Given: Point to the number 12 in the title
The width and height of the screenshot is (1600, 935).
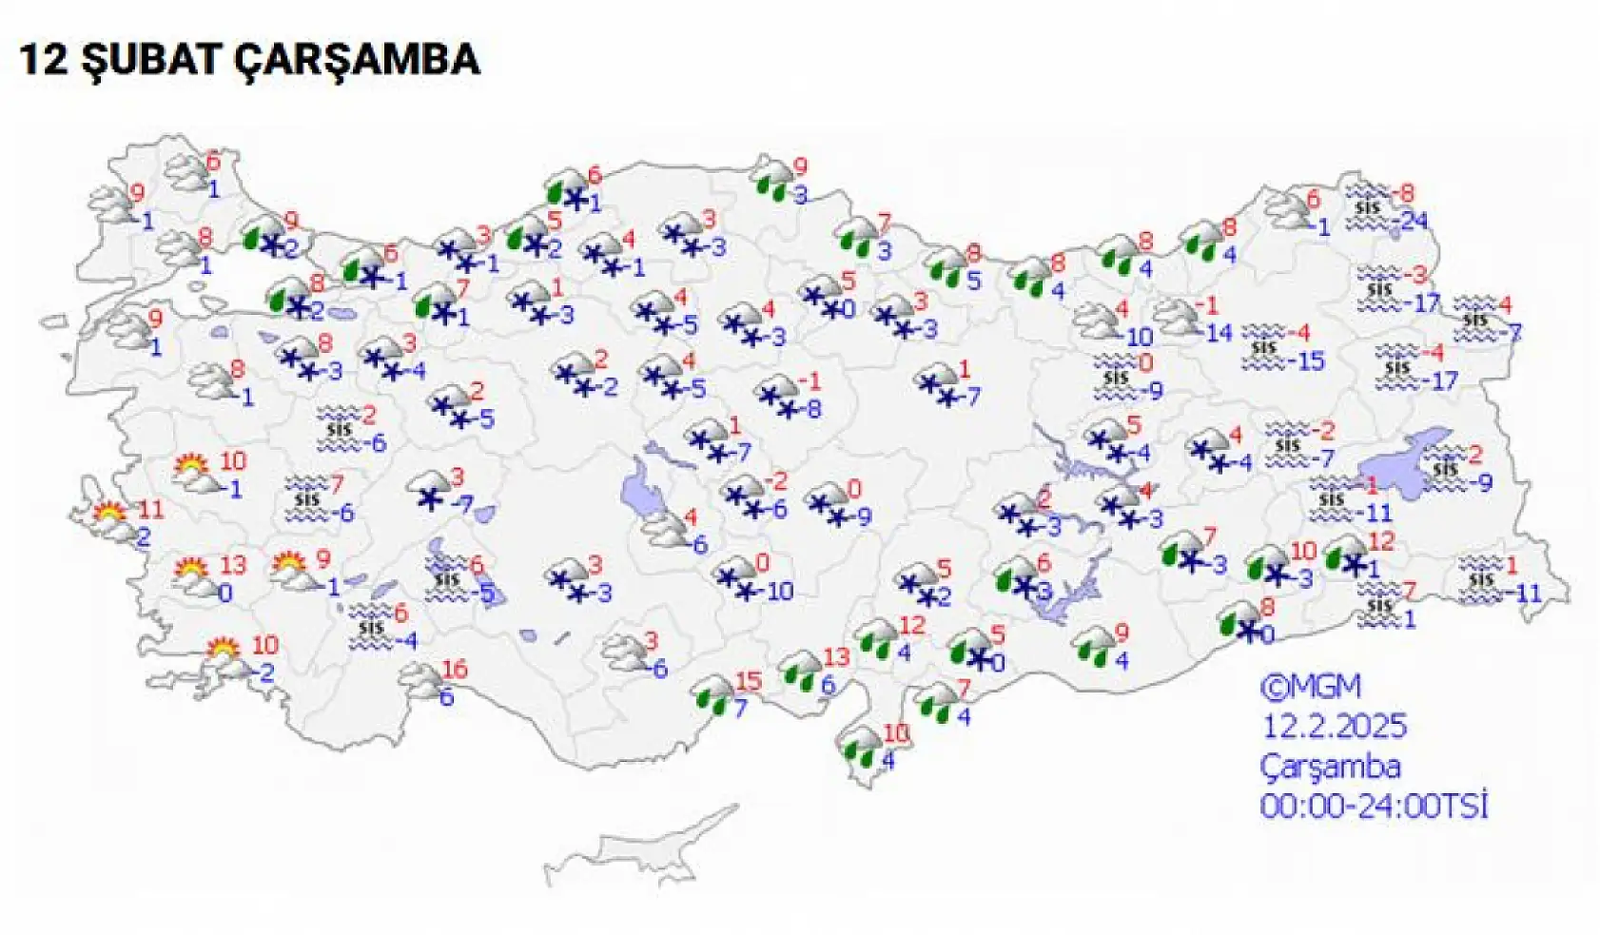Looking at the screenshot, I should tap(43, 60).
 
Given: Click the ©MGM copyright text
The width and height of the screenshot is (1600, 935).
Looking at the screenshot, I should tap(1310, 687).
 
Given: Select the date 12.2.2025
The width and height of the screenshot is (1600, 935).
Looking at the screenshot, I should tap(1334, 727).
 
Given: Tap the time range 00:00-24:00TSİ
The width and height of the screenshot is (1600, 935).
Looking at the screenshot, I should tap(1374, 807).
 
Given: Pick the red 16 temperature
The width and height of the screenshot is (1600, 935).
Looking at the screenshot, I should tap(455, 669).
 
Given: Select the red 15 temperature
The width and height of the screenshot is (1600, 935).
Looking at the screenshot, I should tap(749, 681).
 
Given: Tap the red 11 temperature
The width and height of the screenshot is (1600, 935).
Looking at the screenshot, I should tap(150, 509).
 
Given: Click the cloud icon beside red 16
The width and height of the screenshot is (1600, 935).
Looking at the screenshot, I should tap(420, 679).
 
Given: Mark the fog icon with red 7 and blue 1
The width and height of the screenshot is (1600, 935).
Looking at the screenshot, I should tap(1377, 605).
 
